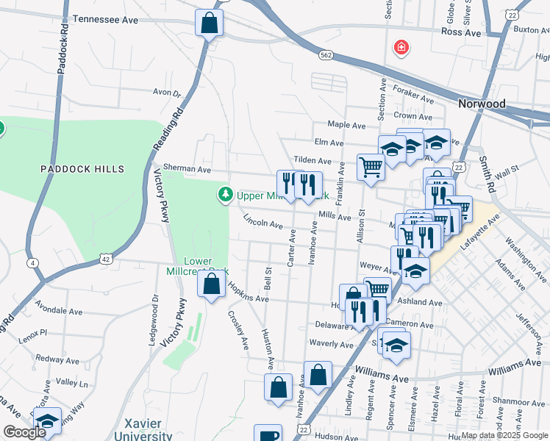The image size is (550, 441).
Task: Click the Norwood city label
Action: [x=482, y=104]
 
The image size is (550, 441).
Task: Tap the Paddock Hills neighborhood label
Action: [x=77, y=169]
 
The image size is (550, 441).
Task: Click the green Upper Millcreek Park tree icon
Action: [x=224, y=196]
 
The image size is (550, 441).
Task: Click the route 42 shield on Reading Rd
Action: [x=107, y=259]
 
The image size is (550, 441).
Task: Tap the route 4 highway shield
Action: [x=33, y=262]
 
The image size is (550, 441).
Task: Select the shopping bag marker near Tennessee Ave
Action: [x=209, y=23]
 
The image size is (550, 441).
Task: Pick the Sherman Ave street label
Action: [x=182, y=169]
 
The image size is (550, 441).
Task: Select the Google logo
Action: [x=24, y=432]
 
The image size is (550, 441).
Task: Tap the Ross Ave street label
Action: [x=460, y=32]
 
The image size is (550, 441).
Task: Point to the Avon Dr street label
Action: [x=166, y=93]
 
